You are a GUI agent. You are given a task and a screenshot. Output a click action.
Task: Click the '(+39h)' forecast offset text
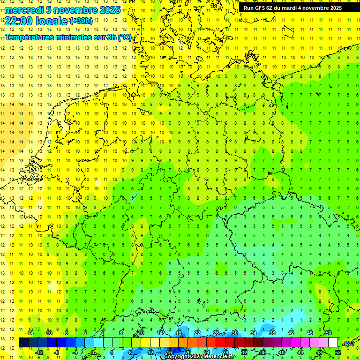click(81, 21)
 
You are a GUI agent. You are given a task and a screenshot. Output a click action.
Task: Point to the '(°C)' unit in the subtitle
click(124, 37)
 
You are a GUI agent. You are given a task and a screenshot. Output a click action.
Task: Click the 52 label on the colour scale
click(337, 352)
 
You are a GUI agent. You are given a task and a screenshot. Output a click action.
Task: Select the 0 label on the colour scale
click(93, 352)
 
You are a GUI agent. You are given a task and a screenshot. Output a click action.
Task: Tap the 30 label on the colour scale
click(234, 333)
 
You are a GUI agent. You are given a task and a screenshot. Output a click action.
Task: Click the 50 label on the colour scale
click(328, 333)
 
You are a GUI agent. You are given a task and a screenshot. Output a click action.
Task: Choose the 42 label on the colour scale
click(291, 333)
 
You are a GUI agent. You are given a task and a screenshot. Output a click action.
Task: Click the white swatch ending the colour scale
click(333, 343)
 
